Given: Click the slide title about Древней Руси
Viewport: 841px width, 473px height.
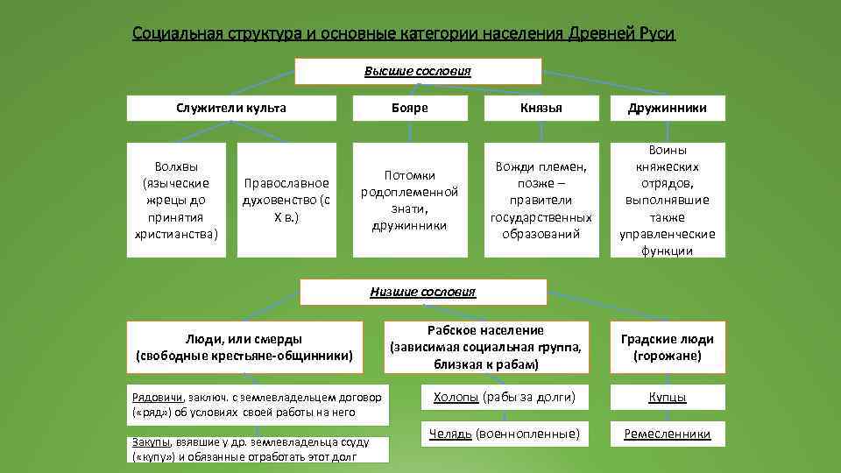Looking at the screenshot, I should pyautogui.click(x=404, y=34).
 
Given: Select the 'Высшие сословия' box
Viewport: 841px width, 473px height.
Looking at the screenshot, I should pyautogui.click(x=418, y=71).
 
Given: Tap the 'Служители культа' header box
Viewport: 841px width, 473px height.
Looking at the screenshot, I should pyautogui.click(x=231, y=108).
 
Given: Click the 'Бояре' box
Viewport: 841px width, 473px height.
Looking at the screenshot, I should pyautogui.click(x=409, y=108).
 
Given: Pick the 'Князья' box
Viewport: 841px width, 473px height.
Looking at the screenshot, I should pyautogui.click(x=541, y=108).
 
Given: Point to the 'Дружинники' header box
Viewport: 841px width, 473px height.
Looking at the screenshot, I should pyautogui.click(x=668, y=108).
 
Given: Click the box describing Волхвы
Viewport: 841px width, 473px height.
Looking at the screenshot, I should pyautogui.click(x=176, y=201).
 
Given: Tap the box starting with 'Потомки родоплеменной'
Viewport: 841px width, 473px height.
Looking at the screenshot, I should pyautogui.click(x=409, y=201).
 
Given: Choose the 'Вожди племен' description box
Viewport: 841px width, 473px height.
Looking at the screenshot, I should pyautogui.click(x=541, y=201).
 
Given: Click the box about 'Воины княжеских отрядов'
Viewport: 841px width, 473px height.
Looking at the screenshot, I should pyautogui.click(x=668, y=201).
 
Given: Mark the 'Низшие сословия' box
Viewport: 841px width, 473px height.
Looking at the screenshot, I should pyautogui.click(x=423, y=292).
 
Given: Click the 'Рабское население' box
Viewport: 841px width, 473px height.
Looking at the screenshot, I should pyautogui.click(x=485, y=347).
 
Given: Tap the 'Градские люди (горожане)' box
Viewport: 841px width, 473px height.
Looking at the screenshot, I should pyautogui.click(x=668, y=348).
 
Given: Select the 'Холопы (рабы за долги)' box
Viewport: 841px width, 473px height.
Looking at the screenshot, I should pyautogui.click(x=504, y=397).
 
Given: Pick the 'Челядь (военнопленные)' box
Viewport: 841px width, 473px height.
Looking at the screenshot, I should pyautogui.click(x=504, y=434).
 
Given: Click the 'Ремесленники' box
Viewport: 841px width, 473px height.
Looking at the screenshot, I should pyautogui.click(x=668, y=434).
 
